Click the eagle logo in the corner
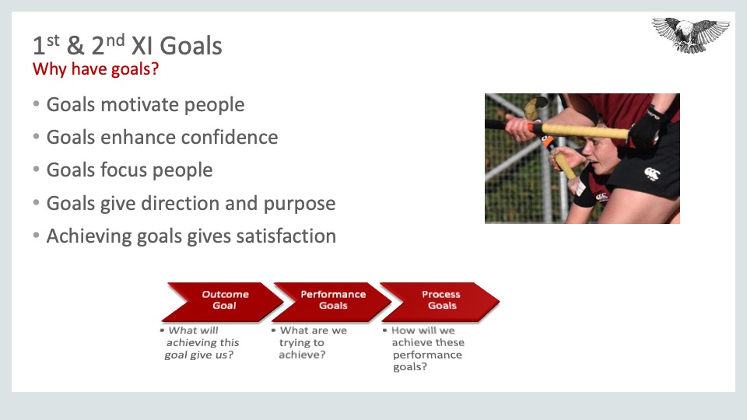click(x=690, y=35)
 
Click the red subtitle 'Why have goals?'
click(x=95, y=69)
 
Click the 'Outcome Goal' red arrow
click(x=222, y=302)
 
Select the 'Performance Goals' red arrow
click(x=331, y=302)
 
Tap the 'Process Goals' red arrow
click(x=440, y=302)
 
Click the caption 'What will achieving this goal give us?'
click(x=200, y=342)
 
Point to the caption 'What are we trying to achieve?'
click(x=309, y=342)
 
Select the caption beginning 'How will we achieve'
click(x=423, y=348)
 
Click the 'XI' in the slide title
click(x=142, y=46)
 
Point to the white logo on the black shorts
click(x=652, y=173)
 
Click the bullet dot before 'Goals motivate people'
click(x=37, y=103)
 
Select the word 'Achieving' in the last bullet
click(x=89, y=236)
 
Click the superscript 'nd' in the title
click(x=115, y=40)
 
